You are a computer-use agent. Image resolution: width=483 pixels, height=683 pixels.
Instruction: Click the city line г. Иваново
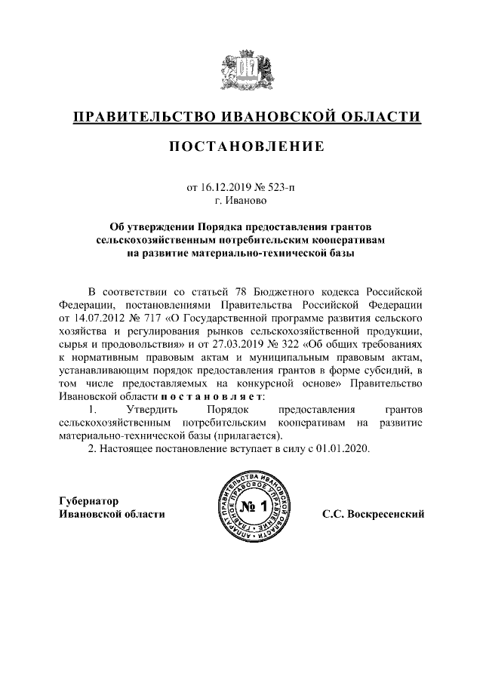241,201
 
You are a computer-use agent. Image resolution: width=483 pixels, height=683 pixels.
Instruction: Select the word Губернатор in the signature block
89,500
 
